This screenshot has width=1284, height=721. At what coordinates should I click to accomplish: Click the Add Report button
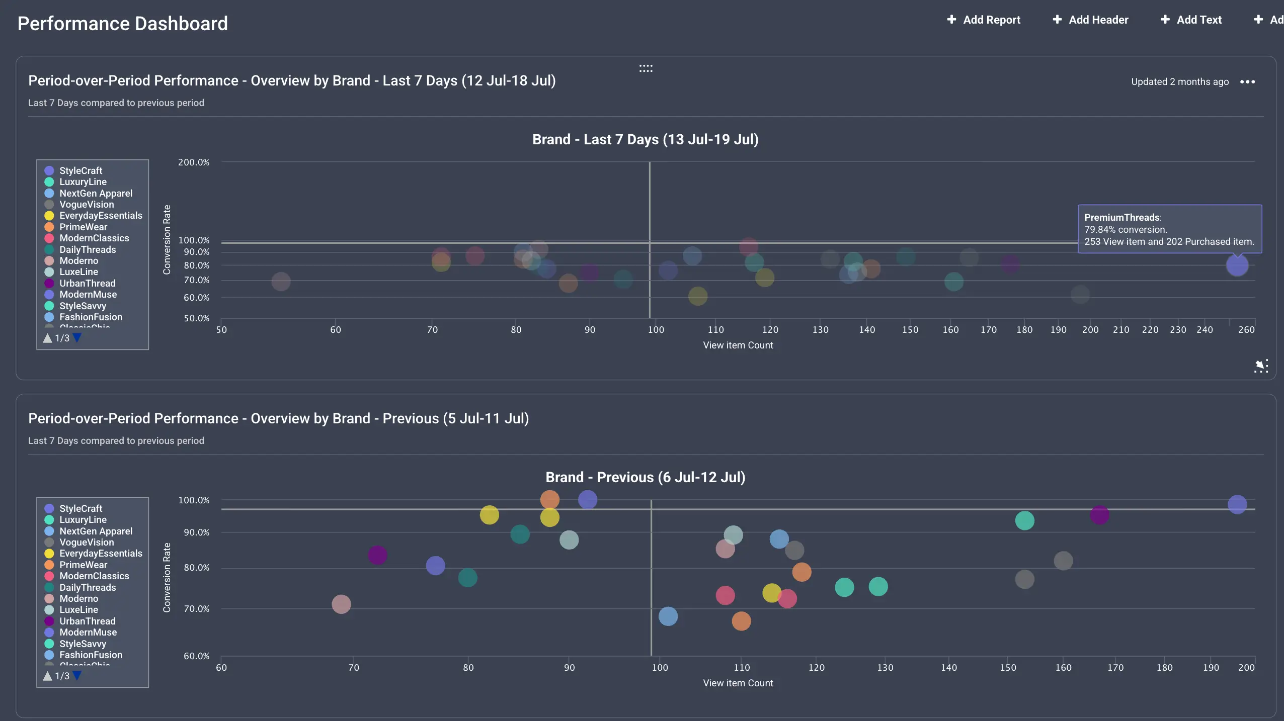[x=984, y=20]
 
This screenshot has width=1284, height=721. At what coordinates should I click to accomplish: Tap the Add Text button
[x=1191, y=20]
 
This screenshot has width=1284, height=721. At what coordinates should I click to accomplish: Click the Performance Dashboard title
[x=122, y=24]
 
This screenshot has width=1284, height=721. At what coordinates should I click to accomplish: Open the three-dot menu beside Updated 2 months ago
[x=1247, y=81]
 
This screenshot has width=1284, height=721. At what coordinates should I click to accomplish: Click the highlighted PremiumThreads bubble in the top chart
[x=1237, y=265]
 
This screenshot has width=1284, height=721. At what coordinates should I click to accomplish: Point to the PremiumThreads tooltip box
[x=1169, y=229]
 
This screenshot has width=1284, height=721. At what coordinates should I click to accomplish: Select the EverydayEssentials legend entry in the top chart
[x=100, y=215]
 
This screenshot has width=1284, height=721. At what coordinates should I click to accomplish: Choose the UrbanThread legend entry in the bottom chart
[x=87, y=621]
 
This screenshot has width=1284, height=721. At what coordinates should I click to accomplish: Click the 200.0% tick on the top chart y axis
[x=193, y=162]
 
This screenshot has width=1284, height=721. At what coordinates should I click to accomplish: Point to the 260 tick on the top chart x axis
[x=1246, y=330]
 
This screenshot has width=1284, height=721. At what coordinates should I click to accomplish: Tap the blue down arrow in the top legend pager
[x=77, y=338]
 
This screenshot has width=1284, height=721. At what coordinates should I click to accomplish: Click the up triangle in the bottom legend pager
[x=48, y=676]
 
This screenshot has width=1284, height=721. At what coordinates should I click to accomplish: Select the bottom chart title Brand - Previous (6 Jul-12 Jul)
[x=645, y=477]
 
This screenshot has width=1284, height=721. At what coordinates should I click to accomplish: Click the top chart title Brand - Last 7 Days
[x=645, y=139]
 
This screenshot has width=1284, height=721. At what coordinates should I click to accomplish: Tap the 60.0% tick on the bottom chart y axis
[x=196, y=656]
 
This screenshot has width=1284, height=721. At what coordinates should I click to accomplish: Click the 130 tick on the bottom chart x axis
[x=885, y=668]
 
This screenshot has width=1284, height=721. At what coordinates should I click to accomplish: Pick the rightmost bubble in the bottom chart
[x=1237, y=504]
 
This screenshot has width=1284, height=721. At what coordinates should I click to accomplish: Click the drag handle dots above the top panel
[x=646, y=68]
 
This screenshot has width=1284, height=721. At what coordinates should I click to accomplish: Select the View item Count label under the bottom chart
[x=738, y=683]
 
